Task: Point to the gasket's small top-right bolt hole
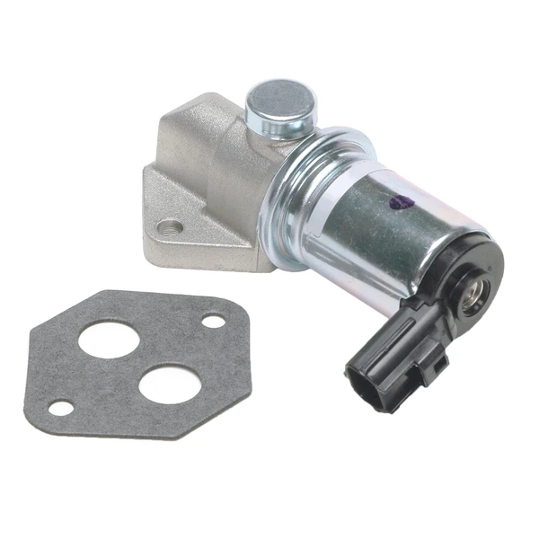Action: coord(213,320)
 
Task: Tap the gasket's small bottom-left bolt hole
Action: coord(61,409)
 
